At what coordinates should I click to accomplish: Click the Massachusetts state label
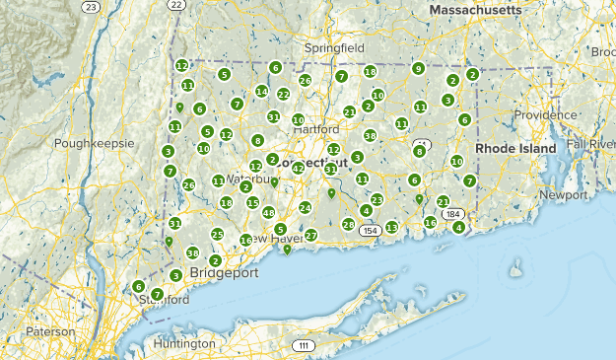click(475, 9)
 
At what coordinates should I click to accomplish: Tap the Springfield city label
click(334, 47)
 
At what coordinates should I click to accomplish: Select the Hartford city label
click(315, 129)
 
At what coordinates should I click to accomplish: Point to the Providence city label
click(545, 114)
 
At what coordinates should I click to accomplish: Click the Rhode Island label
click(516, 148)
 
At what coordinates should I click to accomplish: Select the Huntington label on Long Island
click(184, 343)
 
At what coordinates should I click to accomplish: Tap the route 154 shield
click(370, 231)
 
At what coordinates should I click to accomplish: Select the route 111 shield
click(303, 345)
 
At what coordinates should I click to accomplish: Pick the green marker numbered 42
click(298, 169)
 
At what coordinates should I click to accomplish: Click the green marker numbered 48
click(268, 213)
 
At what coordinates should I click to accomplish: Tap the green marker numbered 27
click(311, 236)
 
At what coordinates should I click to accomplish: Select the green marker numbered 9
click(419, 68)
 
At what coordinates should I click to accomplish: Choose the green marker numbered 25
click(218, 234)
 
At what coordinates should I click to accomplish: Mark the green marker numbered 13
click(391, 227)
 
